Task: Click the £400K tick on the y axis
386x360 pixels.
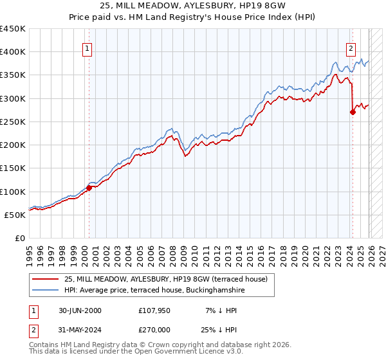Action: click(x=13, y=52)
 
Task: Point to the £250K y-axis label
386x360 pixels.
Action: click(x=13, y=122)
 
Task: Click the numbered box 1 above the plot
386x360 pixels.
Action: click(x=87, y=48)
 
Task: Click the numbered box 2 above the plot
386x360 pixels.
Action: click(x=351, y=48)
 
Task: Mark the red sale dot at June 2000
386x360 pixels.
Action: click(x=89, y=188)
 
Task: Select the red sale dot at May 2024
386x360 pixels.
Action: click(x=353, y=112)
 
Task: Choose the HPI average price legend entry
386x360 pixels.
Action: click(x=154, y=290)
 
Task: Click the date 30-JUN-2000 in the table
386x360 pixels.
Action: click(x=80, y=310)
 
